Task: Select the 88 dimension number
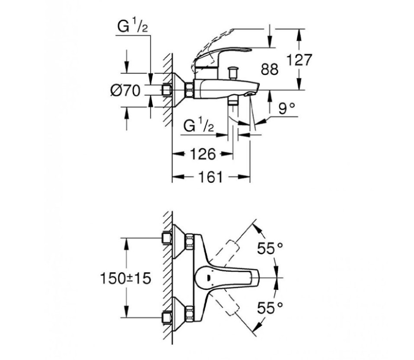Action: (x=270, y=70)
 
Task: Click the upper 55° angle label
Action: (x=270, y=248)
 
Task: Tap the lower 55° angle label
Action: (x=270, y=308)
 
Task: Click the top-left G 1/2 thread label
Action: (x=132, y=27)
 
